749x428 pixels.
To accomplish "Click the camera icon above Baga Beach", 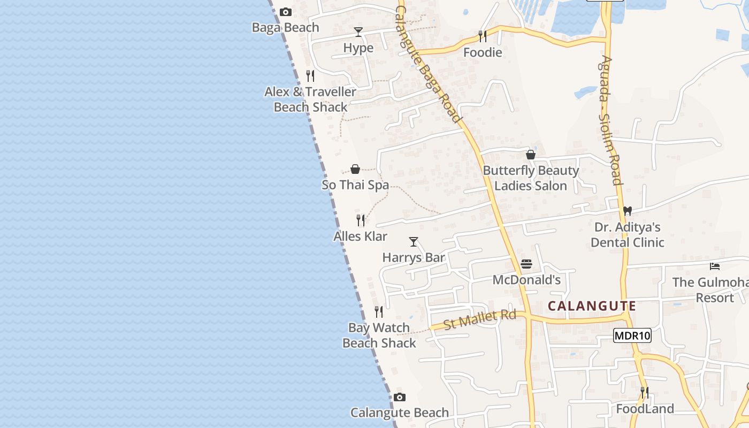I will click(286, 12).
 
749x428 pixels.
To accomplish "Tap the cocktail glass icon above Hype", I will click(358, 32).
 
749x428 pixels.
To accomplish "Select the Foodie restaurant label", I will click(483, 52).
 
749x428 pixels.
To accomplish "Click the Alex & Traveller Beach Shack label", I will click(310, 100).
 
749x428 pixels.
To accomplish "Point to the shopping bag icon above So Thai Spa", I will click(355, 170).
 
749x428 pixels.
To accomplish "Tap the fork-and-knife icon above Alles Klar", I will click(361, 220).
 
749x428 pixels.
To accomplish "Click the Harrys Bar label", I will click(414, 257).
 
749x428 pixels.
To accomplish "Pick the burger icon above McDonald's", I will click(526, 264).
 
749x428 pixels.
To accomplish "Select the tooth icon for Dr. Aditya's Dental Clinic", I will click(628, 211).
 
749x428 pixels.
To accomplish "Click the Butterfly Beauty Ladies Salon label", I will click(531, 178).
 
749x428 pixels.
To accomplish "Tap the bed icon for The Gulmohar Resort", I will click(715, 266).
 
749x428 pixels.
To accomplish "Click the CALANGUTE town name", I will click(592, 307).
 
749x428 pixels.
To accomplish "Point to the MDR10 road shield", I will click(632, 336).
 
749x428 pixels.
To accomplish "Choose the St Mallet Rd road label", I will click(480, 319).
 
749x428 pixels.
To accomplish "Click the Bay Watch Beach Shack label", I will click(379, 335).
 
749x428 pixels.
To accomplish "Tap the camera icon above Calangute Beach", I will click(400, 397).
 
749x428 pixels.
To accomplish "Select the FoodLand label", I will click(645, 409).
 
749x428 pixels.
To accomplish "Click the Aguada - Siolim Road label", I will click(611, 120).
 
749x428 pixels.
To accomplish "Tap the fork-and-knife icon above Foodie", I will click(483, 36).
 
